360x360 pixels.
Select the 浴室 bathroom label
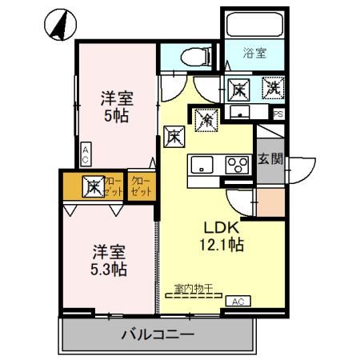tap(256, 54)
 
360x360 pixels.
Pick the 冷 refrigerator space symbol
tap(205, 120)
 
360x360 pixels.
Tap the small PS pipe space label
tap(278, 114)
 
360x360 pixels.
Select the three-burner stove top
tap(238, 166)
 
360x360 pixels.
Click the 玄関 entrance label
tap(269, 158)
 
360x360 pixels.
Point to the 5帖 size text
tap(116, 114)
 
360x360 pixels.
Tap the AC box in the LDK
tap(237, 301)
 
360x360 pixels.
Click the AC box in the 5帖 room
tap(86, 154)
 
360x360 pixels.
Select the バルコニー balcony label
tap(158, 334)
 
